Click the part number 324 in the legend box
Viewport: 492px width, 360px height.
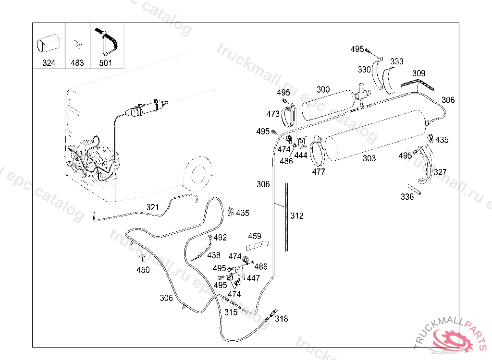(49, 63)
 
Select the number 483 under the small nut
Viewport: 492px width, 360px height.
(77, 63)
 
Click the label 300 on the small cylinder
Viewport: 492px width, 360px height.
(323, 89)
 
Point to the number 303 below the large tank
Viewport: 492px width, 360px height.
(369, 158)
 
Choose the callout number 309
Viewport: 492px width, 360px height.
(418, 73)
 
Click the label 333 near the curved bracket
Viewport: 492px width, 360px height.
(397, 61)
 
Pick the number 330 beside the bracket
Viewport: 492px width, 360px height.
(364, 70)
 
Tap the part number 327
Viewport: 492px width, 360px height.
(440, 172)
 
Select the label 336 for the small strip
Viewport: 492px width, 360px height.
(407, 197)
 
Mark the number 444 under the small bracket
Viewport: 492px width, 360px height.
(301, 156)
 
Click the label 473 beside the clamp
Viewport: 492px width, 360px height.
(273, 114)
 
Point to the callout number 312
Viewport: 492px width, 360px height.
(297, 216)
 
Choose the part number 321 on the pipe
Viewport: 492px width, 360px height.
(152, 207)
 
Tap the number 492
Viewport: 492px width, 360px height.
(220, 238)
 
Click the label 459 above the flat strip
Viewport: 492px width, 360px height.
(255, 236)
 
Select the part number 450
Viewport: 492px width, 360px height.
(143, 270)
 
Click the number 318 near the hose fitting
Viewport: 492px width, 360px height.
(282, 319)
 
